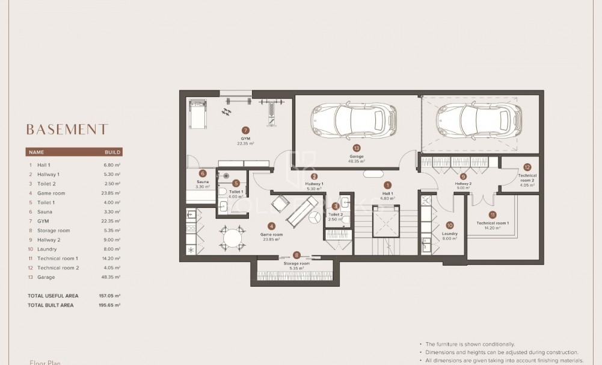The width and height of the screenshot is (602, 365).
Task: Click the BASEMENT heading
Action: [x=67, y=129]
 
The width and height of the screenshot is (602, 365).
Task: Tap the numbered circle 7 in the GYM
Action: [x=245, y=129]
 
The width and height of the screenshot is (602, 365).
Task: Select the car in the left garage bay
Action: [x=354, y=118]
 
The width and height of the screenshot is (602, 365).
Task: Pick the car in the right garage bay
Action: [x=479, y=118]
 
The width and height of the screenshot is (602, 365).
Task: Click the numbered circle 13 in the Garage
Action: [x=357, y=148]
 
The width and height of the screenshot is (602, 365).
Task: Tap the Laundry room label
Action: [x=449, y=234]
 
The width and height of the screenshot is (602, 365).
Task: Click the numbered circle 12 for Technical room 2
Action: [x=527, y=167]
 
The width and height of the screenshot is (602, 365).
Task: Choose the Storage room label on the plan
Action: [x=296, y=263]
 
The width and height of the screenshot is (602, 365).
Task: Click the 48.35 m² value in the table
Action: [x=112, y=277]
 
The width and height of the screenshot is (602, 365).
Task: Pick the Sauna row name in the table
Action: [x=45, y=212]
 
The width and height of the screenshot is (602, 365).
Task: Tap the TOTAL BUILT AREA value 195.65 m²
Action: [x=109, y=305]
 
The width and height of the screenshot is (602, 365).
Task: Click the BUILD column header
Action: [x=113, y=152]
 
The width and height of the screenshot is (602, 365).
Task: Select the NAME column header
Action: [x=37, y=152]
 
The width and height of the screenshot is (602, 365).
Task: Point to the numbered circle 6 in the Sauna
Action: [x=203, y=173]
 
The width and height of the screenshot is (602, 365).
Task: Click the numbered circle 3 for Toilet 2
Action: [x=336, y=205]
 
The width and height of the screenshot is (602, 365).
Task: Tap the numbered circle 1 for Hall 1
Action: [x=388, y=186]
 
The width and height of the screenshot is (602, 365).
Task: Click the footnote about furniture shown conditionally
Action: [x=470, y=344]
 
